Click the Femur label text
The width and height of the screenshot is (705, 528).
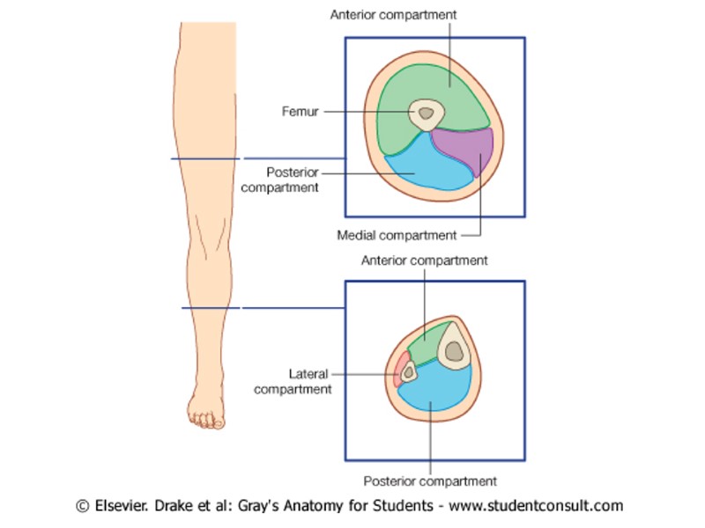pos(300,112)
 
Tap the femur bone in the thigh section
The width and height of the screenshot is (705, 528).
pos(427,113)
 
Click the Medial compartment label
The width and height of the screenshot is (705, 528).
pos(397,235)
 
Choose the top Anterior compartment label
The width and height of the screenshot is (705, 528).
pos(393,15)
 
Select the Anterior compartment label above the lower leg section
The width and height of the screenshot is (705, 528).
pos(424,260)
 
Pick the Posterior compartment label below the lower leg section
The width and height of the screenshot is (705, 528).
pos(430,481)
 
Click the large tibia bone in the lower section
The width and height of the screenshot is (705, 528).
pos(454,349)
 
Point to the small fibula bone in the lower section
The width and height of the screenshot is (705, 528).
pos(409,372)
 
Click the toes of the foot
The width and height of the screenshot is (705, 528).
pos(206,421)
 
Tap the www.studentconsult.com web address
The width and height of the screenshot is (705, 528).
pos(536,506)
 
